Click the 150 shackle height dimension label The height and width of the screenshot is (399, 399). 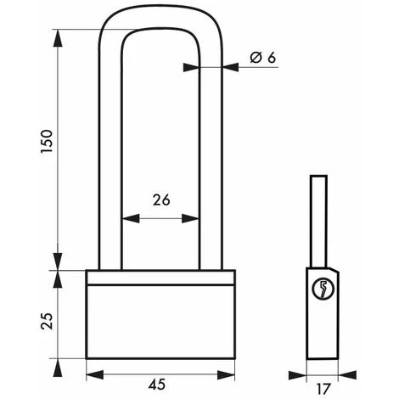[x=47, y=142]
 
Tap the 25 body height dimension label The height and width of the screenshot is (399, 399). [x=47, y=321]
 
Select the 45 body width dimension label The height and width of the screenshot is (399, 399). [x=157, y=385]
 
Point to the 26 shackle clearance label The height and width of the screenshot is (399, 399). [x=161, y=199]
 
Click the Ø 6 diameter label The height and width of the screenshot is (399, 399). [x=263, y=58]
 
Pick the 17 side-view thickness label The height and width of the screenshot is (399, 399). [x=323, y=389]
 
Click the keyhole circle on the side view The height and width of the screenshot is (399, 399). [x=323, y=289]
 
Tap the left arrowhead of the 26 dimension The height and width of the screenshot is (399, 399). [x=131, y=218]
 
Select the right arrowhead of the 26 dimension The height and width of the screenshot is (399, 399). [x=190, y=218]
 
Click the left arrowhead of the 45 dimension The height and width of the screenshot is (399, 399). [x=95, y=375]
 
